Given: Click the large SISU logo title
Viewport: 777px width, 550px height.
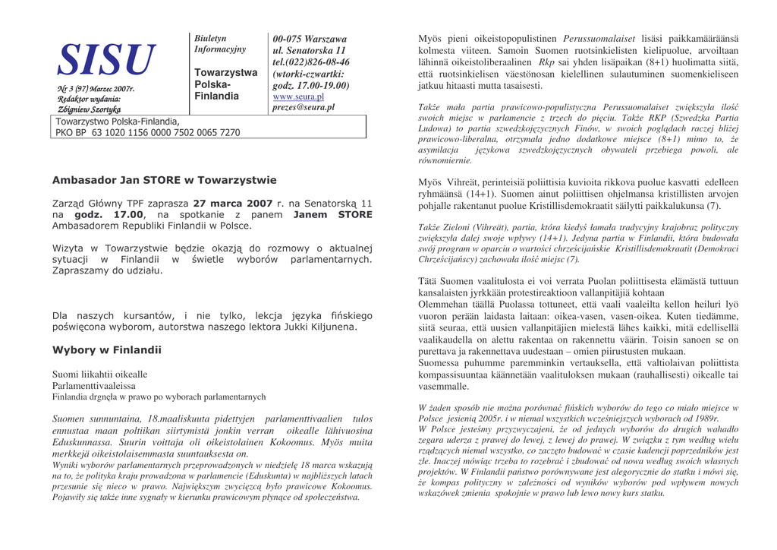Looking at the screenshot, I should [x=107, y=60].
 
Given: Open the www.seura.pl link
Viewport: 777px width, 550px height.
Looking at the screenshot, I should [x=298, y=96].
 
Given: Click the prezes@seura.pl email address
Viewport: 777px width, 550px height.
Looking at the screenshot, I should [x=304, y=108].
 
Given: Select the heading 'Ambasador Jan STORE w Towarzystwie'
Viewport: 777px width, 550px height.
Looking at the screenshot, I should [x=164, y=180].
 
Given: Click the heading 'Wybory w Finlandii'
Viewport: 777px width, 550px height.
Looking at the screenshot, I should [x=106, y=350].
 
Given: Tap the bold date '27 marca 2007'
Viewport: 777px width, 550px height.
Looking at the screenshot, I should [x=233, y=204].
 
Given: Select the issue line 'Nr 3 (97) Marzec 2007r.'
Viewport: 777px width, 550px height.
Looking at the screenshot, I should [x=96, y=89].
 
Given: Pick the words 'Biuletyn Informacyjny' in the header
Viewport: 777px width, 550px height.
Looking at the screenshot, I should [x=220, y=44].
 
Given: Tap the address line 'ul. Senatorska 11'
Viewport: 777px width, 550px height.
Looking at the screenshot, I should [x=309, y=50].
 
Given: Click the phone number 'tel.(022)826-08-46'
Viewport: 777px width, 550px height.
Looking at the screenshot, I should [x=311, y=62].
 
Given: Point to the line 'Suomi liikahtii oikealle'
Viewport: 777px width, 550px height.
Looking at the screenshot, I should [x=99, y=375].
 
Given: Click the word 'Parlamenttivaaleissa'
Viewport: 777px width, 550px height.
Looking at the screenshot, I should [x=93, y=386].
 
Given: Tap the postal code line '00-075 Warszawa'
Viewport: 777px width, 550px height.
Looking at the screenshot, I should [x=310, y=39].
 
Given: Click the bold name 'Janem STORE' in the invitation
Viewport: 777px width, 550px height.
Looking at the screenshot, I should [x=332, y=215].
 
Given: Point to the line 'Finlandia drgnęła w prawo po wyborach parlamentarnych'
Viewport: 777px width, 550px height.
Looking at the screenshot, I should [x=159, y=397].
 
